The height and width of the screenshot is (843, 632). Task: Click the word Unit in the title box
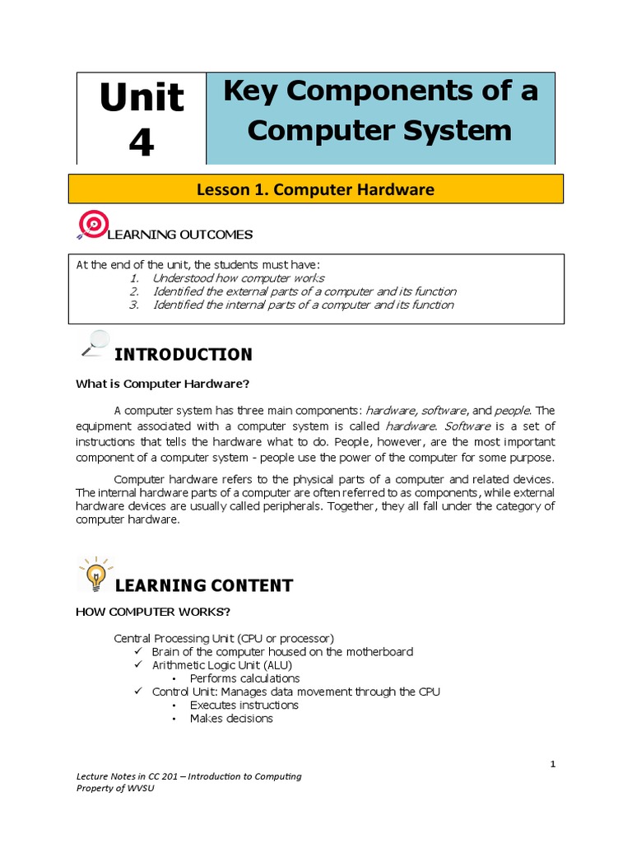(142, 99)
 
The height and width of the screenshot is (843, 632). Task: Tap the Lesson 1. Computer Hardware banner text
(315, 189)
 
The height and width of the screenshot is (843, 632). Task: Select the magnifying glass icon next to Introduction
(95, 342)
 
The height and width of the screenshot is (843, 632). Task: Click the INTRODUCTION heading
(183, 355)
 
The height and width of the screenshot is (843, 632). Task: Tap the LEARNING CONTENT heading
(202, 586)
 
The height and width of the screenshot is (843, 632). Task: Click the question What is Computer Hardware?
(162, 383)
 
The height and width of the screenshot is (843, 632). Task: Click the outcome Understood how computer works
(238, 278)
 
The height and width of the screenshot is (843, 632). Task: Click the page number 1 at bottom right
(554, 765)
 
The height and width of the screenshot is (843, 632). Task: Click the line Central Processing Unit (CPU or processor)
(224, 638)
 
